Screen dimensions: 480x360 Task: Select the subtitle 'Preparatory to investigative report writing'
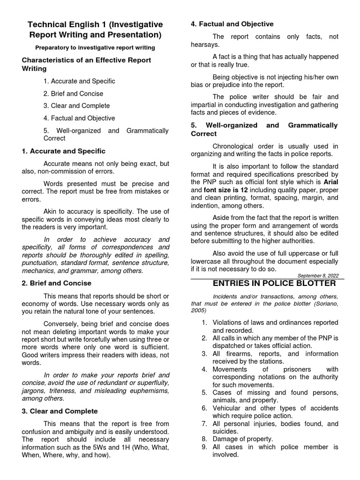[95, 48]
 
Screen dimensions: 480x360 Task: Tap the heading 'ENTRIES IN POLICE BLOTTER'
[274, 284]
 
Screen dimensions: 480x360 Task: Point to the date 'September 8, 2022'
[318, 276]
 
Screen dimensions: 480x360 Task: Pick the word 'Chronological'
[234, 146]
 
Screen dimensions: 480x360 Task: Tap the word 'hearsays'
[204, 45]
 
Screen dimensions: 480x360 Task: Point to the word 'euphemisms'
[145, 390]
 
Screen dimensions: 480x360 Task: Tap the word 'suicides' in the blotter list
[225, 431]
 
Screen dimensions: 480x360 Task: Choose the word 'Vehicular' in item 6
[227, 408]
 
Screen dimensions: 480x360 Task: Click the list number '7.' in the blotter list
[204, 423]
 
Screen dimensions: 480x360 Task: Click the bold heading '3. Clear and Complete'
[60, 411]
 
